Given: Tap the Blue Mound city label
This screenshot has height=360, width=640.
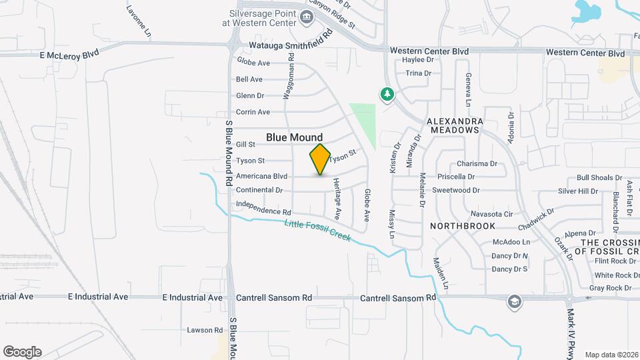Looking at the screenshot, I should point(295,137).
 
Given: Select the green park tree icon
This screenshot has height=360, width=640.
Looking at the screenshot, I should point(387,95).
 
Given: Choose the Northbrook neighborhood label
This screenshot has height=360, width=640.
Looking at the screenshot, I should point(463,226).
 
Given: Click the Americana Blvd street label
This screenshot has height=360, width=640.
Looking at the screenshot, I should point(261,177).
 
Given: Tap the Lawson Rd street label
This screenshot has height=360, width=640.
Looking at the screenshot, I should point(204,330).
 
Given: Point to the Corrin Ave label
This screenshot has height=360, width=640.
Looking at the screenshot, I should point(253,112).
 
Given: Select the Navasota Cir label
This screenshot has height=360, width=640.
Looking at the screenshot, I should point(491,214).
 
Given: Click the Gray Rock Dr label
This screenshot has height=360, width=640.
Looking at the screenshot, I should point(610,288).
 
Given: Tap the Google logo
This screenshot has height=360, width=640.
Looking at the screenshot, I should point(22,352).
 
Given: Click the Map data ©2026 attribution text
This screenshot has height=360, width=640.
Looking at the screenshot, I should point(611,355).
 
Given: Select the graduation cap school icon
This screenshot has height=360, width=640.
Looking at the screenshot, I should point(514,302).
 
